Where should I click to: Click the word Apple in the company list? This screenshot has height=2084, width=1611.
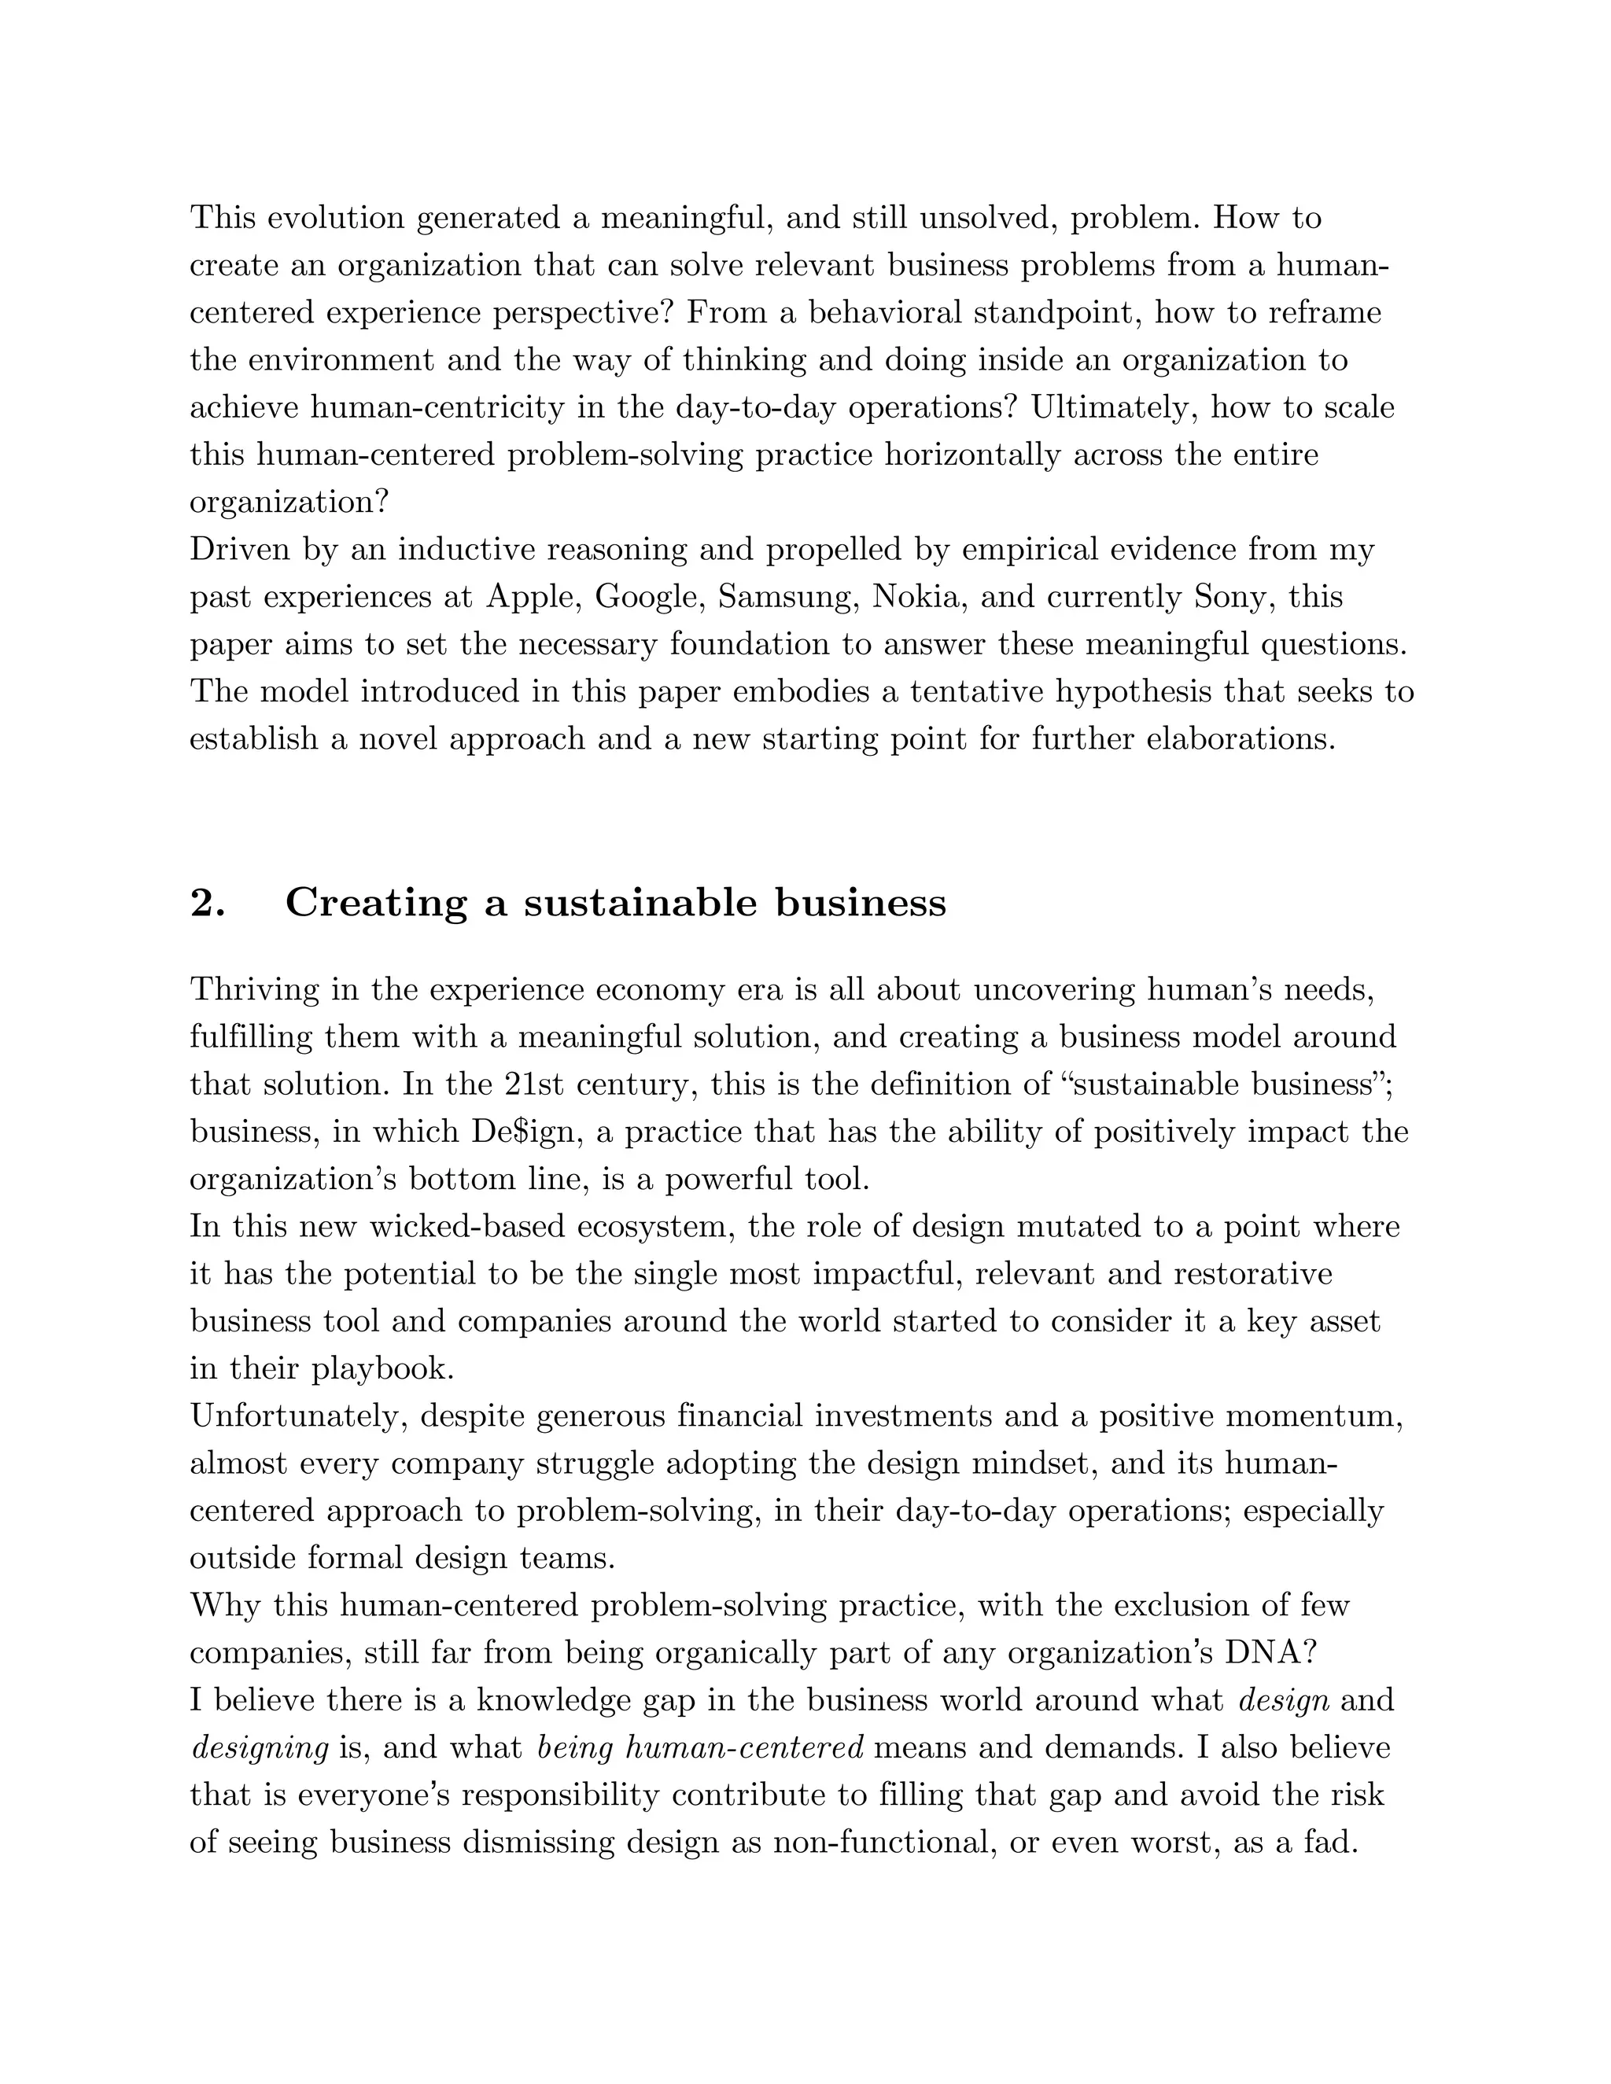click(528, 598)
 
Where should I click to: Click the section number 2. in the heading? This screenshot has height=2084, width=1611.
click(208, 903)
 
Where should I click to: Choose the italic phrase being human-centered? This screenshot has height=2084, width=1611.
click(701, 1748)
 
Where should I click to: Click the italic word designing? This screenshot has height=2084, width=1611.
click(260, 1748)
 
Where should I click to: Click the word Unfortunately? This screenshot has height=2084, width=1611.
click(300, 1417)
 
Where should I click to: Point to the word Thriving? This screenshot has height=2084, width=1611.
click(255, 989)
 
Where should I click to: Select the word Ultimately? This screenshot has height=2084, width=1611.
click(1114, 408)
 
